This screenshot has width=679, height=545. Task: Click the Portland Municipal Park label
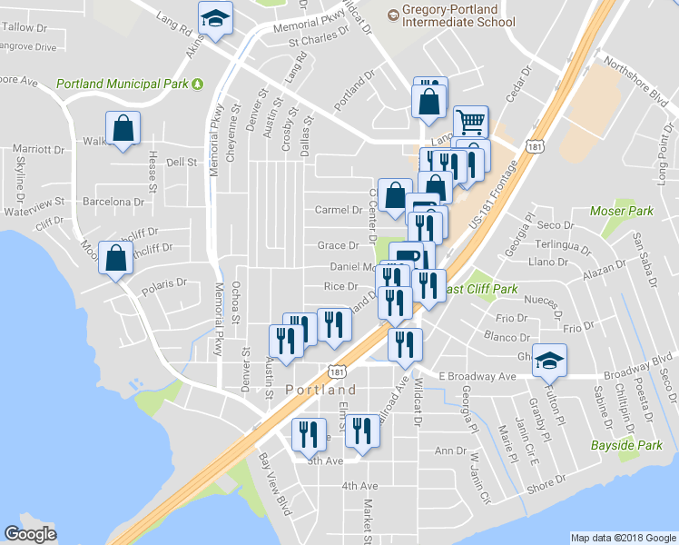click(x=122, y=84)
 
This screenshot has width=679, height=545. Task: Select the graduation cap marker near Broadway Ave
click(x=548, y=361)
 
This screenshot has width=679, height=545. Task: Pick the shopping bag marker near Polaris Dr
click(x=116, y=258)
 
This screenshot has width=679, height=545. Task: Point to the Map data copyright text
click(x=623, y=537)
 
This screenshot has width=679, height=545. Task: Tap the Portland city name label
click(x=314, y=390)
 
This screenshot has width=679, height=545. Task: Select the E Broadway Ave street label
click(x=477, y=375)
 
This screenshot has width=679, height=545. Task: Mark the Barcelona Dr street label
click(x=113, y=202)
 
